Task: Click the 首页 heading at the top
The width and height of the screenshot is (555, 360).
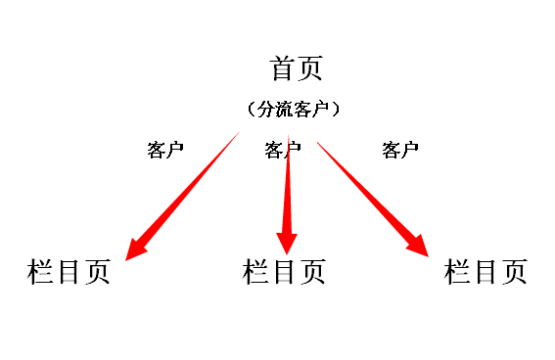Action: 296,69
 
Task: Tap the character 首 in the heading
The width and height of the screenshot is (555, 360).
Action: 282,69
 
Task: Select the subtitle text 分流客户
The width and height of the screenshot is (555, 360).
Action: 294,109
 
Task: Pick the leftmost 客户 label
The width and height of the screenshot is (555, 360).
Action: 165,150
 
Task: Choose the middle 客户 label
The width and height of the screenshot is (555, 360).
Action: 282,150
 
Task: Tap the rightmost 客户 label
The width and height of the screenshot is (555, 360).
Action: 400,150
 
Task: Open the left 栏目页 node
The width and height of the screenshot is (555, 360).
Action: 69,271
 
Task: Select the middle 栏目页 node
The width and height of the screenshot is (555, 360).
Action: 284,271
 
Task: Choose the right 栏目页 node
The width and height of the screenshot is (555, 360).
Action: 486,271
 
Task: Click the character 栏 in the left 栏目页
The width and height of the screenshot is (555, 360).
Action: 41,271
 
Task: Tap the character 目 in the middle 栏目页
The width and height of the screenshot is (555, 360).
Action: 284,271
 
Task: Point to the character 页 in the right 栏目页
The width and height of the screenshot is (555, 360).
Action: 514,271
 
